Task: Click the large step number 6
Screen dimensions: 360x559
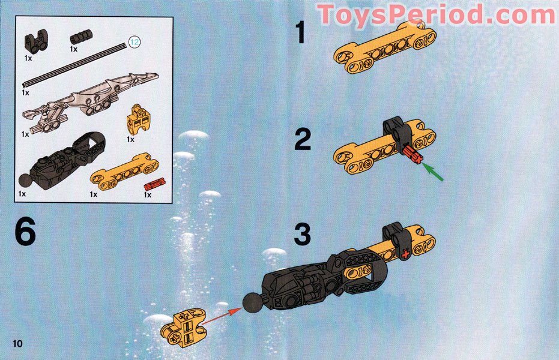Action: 25,233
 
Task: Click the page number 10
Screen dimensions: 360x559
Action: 16,343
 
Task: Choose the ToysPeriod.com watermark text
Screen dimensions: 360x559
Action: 437,15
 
